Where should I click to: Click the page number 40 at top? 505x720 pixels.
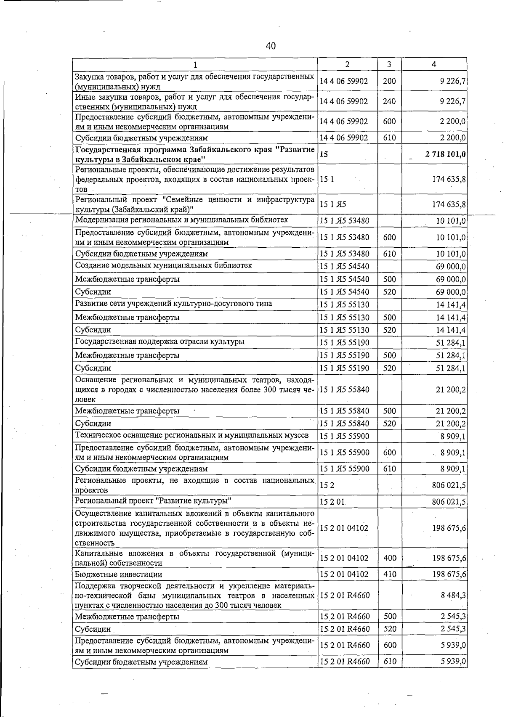pos(271,46)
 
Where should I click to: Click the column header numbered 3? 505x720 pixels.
pos(389,64)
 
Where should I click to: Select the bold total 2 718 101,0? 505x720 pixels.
pos(445,154)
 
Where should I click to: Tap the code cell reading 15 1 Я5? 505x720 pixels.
pos(333,204)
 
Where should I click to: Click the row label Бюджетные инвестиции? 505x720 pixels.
pos(118,574)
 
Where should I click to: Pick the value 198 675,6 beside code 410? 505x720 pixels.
pos(449,574)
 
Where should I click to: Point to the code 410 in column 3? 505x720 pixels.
pos(389,574)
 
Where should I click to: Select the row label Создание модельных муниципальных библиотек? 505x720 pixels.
pos(163,265)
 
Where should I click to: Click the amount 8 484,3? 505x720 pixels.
pos(453,595)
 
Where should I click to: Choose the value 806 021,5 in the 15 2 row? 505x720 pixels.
pos(449,485)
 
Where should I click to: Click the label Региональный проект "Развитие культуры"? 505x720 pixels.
pos(153,501)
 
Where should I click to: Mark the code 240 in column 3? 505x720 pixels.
pos(389,101)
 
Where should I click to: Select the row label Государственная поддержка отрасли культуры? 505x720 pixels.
pos(159,341)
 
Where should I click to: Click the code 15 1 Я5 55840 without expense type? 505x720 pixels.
pos(344,389)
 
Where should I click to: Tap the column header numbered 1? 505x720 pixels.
pos(195,65)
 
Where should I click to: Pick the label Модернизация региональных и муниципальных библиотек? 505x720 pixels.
pos(181,220)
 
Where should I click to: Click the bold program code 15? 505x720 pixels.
pos(324,154)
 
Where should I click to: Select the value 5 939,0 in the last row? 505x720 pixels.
pos(453,662)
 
